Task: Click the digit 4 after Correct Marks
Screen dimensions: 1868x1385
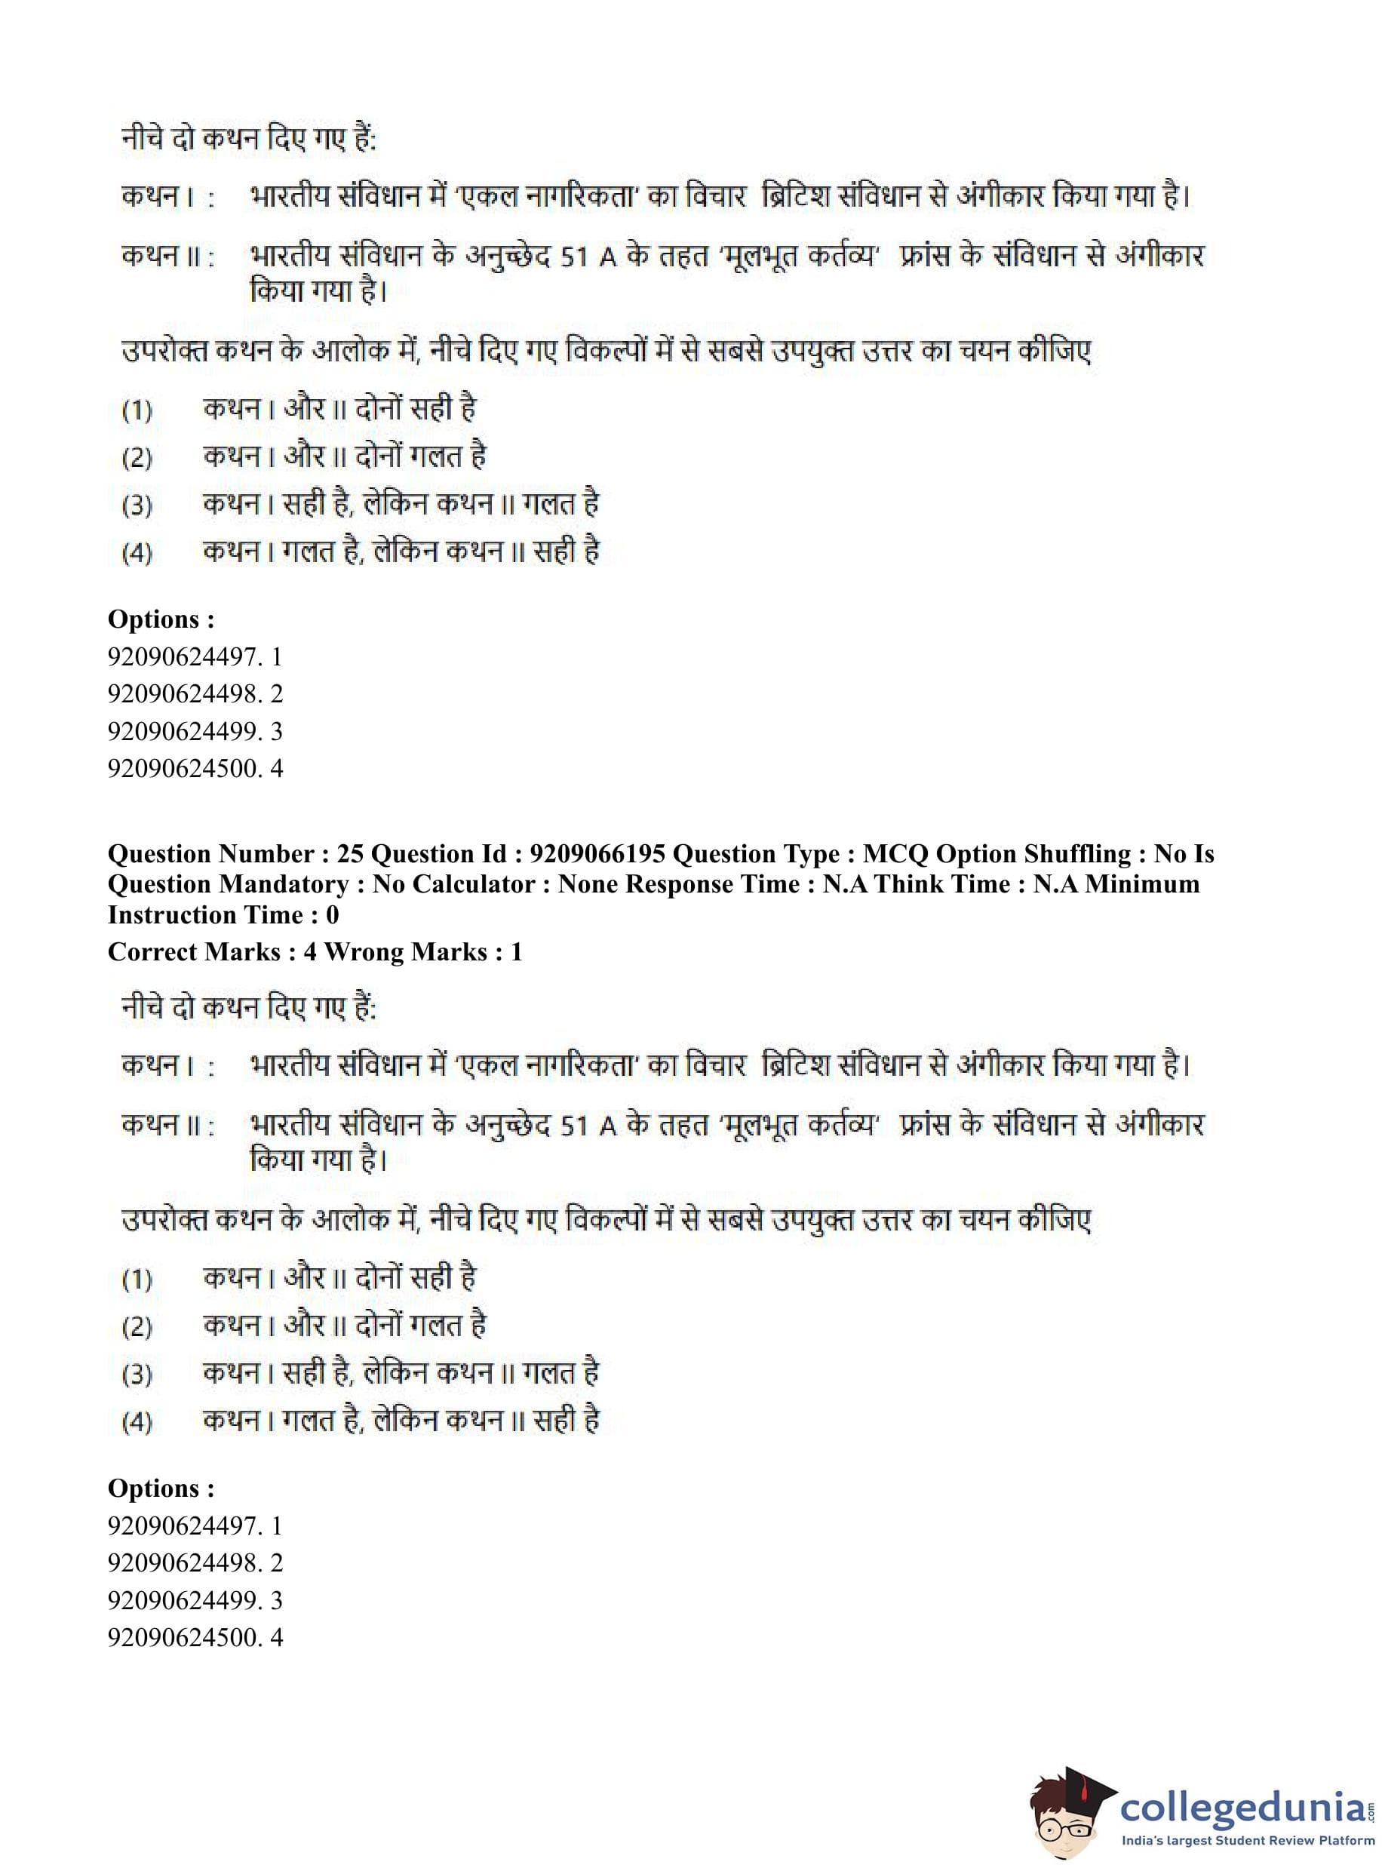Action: pyautogui.click(x=310, y=952)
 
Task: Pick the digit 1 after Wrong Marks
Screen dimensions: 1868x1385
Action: pyautogui.click(x=517, y=952)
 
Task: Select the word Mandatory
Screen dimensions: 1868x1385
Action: pyautogui.click(x=287, y=884)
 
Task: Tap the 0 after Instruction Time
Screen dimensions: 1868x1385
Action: pyautogui.click(x=332, y=914)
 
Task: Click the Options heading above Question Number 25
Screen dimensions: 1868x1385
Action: pyautogui.click(x=161, y=619)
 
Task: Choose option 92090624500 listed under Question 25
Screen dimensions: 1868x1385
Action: pyautogui.click(x=195, y=1637)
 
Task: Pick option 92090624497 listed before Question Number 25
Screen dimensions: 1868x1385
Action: pyautogui.click(x=195, y=657)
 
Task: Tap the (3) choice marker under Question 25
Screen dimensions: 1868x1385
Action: pyautogui.click(x=137, y=1375)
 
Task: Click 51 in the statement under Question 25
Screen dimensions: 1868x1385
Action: pyautogui.click(x=574, y=1126)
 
